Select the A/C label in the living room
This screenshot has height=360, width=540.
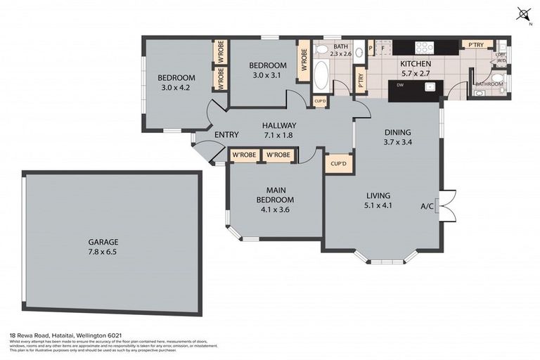426,206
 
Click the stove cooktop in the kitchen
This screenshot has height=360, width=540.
425,47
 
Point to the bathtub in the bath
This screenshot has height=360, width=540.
321,75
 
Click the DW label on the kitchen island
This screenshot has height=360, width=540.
399,85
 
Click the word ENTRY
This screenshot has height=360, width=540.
226,135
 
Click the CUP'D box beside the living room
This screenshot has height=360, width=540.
338,164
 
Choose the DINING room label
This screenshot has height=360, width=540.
397,131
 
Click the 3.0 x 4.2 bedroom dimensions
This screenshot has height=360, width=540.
175,88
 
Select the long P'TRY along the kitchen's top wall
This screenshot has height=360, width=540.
476,45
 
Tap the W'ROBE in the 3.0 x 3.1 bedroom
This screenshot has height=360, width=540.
304,61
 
